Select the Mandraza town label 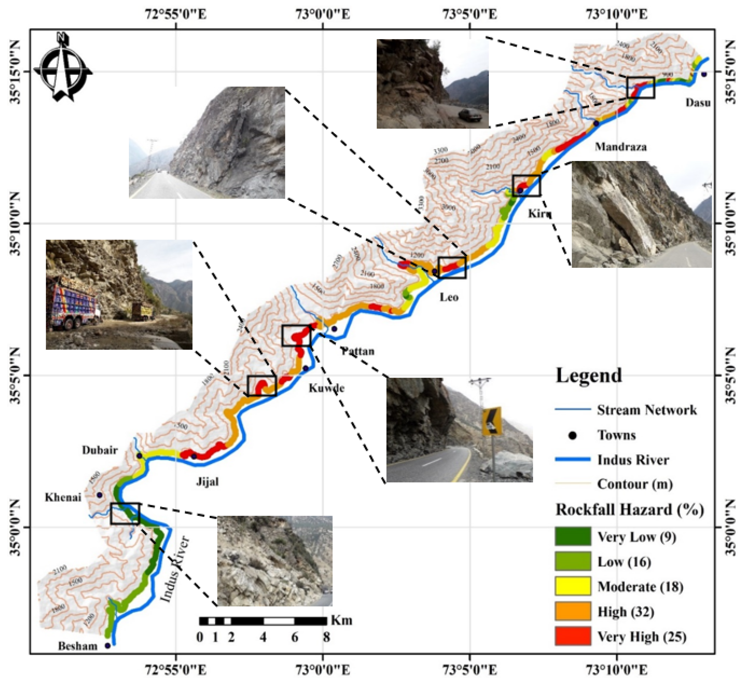pos(620,147)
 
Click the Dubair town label pos(100,450)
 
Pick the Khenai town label pos(63,497)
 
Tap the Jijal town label pos(207,481)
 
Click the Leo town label pos(449,297)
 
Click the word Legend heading pos(589,375)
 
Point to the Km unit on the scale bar pos(342,620)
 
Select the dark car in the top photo pos(470,115)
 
